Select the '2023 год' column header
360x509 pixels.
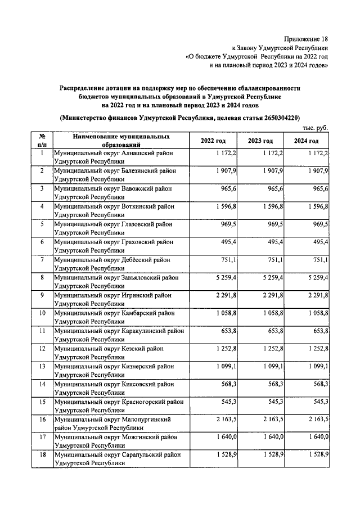(260, 141)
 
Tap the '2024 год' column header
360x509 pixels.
(306, 141)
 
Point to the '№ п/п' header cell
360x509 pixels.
(42, 141)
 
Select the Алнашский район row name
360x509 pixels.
(112, 157)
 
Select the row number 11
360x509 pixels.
(42, 331)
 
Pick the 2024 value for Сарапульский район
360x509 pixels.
(316, 454)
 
